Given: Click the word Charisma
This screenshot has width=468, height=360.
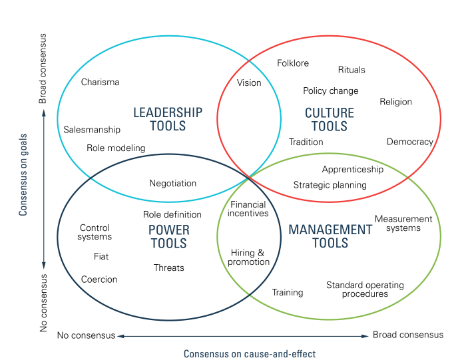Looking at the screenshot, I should pyautogui.click(x=100, y=83).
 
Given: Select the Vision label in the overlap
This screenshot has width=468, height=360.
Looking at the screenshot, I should pyautogui.click(x=249, y=83).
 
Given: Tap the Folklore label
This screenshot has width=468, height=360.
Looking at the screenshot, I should pyautogui.click(x=293, y=63).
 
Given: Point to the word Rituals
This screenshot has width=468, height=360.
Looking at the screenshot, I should pyautogui.click(x=351, y=70).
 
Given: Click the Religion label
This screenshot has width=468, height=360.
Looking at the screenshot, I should pyautogui.click(x=395, y=102).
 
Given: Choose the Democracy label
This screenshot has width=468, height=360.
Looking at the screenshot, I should pyautogui.click(x=409, y=142).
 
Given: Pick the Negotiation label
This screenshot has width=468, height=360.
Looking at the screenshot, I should pyautogui.click(x=173, y=183).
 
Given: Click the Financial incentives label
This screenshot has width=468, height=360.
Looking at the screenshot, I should pyautogui.click(x=248, y=209).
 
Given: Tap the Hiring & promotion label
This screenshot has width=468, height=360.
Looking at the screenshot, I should pyautogui.click(x=250, y=258).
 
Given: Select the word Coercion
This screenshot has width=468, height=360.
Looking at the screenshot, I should pyautogui.click(x=99, y=279).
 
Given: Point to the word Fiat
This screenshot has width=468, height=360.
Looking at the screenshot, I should pyautogui.click(x=101, y=256).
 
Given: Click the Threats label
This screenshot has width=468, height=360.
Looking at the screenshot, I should pyautogui.click(x=169, y=268).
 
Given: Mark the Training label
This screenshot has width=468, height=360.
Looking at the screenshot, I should pyautogui.click(x=288, y=292).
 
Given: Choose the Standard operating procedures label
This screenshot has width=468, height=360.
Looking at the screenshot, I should pyautogui.click(x=365, y=289).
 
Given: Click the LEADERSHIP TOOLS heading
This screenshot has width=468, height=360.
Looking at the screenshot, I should pyautogui.click(x=168, y=119).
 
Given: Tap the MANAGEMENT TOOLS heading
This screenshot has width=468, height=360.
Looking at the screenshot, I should pyautogui.click(x=330, y=236).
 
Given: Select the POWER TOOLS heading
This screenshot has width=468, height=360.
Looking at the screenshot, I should pyautogui.click(x=168, y=237).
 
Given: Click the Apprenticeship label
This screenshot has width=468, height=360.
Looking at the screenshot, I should pyautogui.click(x=353, y=169).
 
